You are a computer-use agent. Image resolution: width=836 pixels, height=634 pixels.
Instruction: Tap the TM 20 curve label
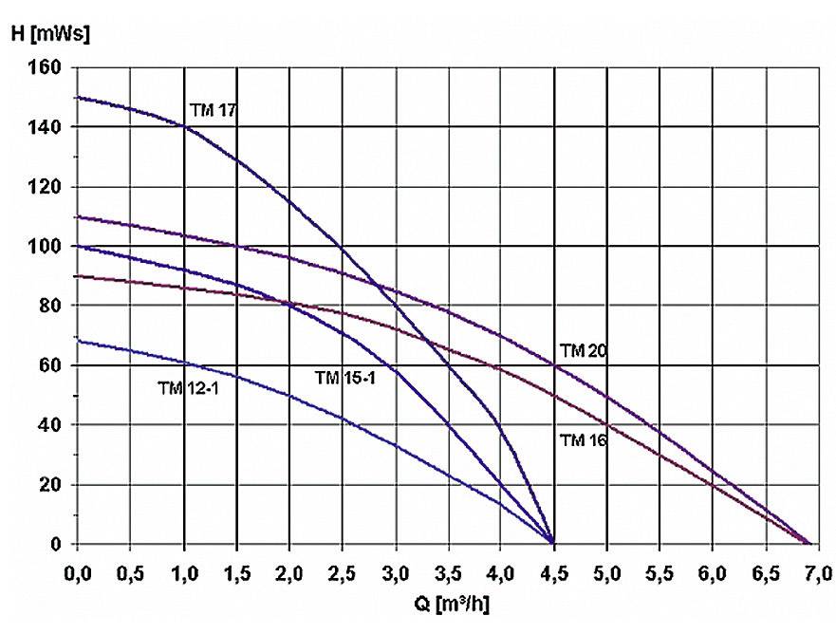583,351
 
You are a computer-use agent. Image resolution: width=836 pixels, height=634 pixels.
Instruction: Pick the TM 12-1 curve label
188,386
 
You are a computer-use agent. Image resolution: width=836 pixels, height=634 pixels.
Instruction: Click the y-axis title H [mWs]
48,34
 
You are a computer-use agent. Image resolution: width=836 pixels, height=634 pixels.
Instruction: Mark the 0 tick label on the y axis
56,544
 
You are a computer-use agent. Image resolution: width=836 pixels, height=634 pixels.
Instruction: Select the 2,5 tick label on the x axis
342,572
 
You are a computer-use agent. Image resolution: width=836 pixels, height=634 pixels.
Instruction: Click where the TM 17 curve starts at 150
79,98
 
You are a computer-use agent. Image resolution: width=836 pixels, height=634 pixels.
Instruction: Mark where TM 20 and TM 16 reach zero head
808,543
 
